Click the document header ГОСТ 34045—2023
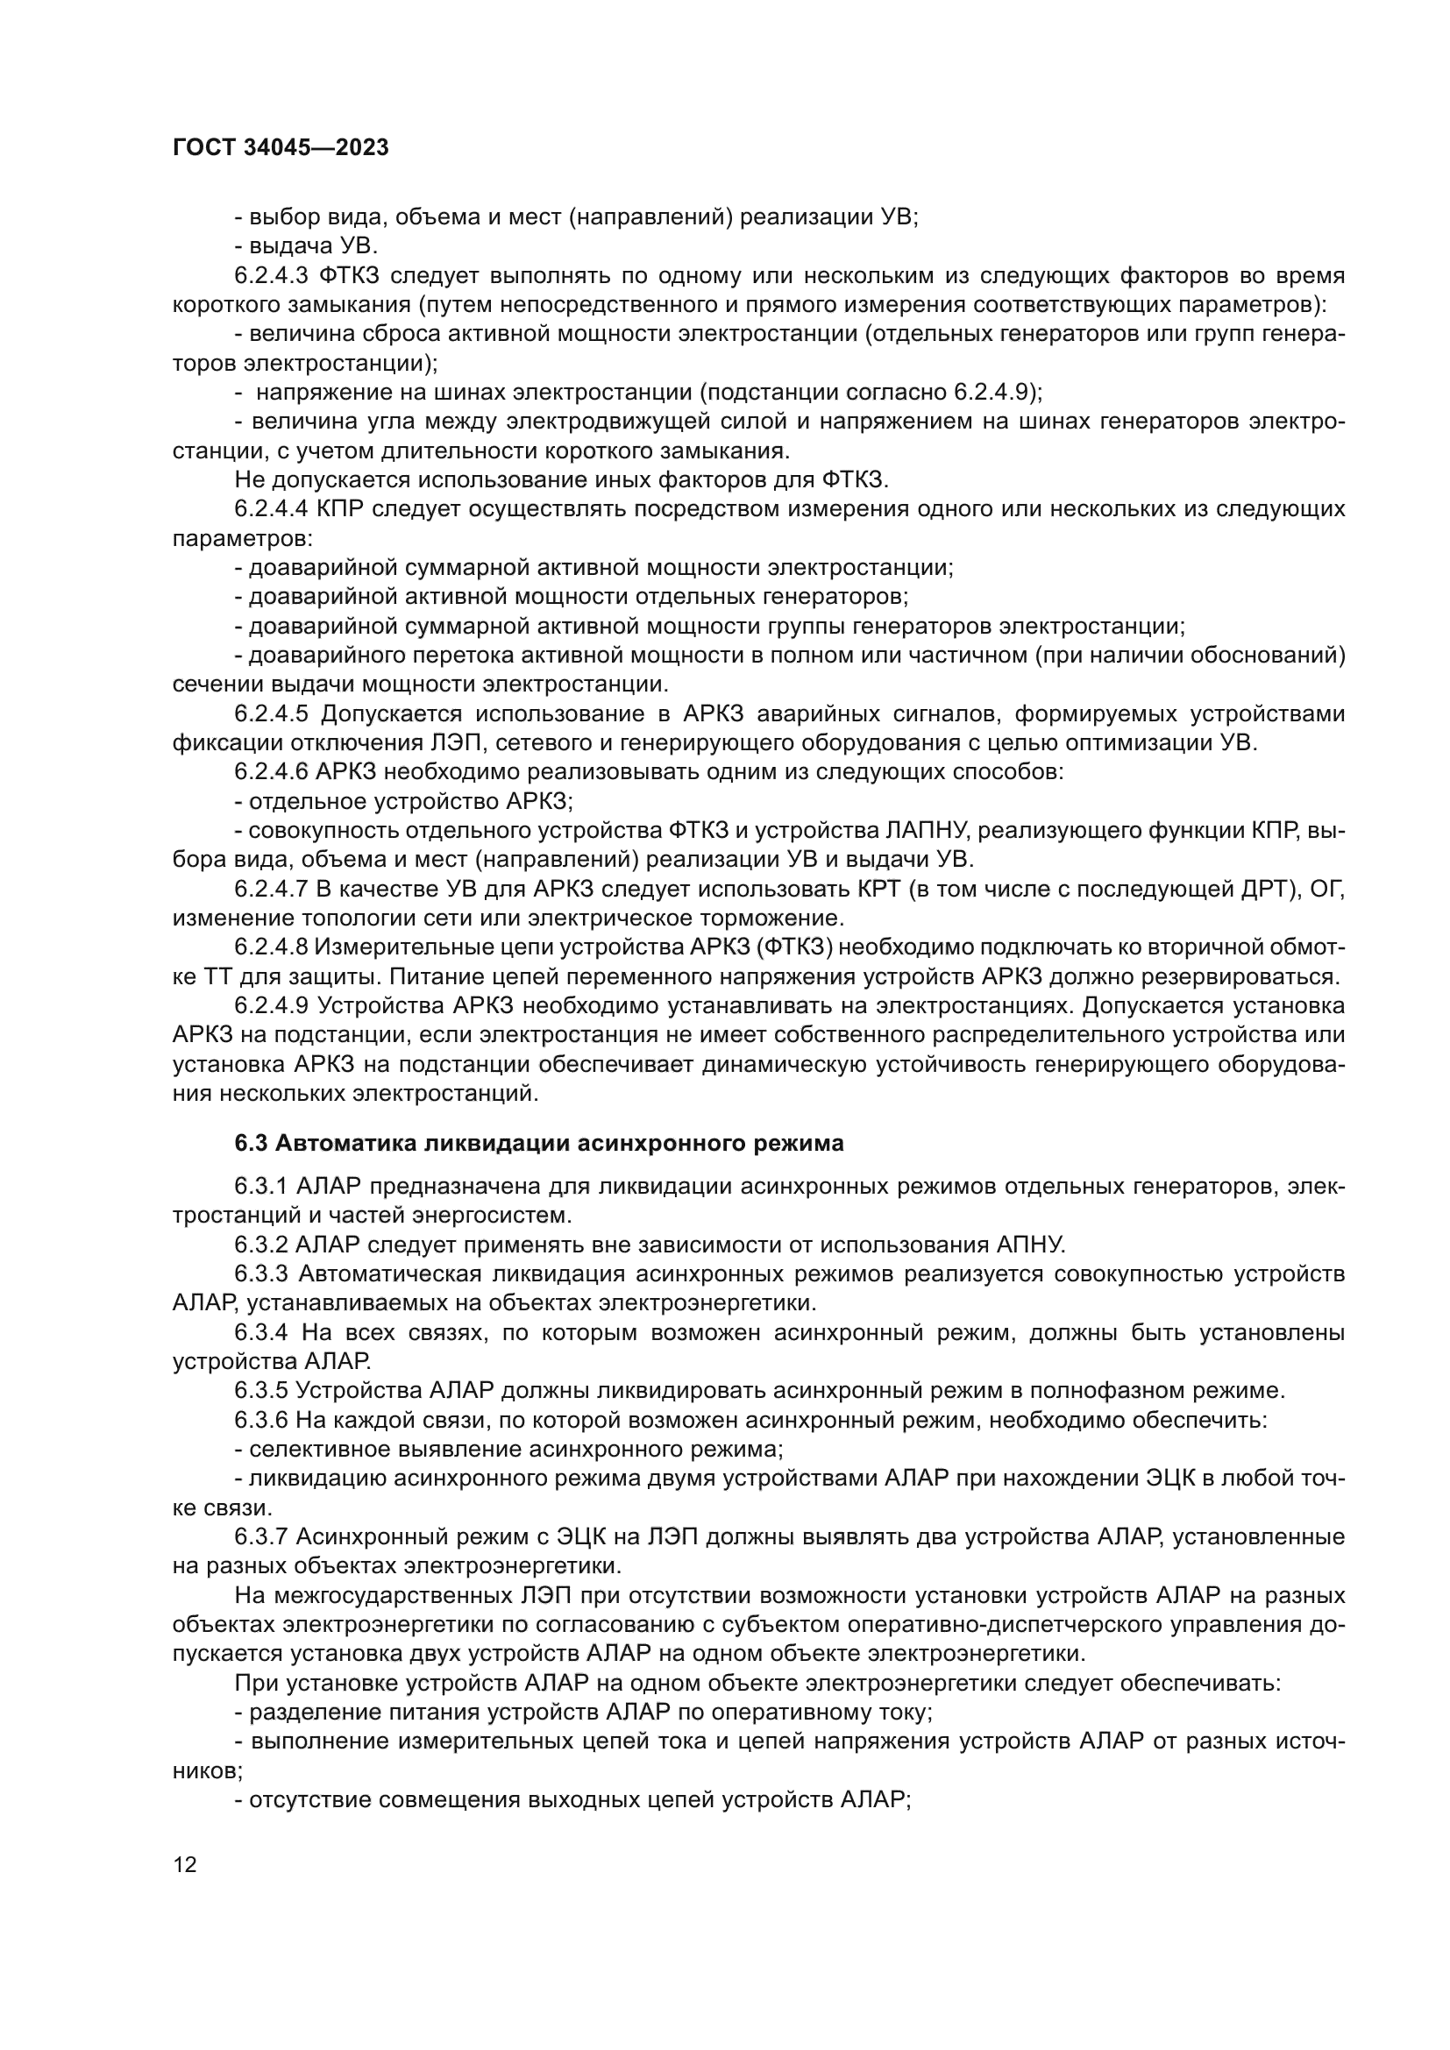(x=281, y=148)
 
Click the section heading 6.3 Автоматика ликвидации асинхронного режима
(x=538, y=1144)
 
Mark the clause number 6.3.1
(x=259, y=1187)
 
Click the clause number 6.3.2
(x=259, y=1245)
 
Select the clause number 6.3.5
(x=259, y=1390)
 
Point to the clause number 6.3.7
(x=259, y=1536)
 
